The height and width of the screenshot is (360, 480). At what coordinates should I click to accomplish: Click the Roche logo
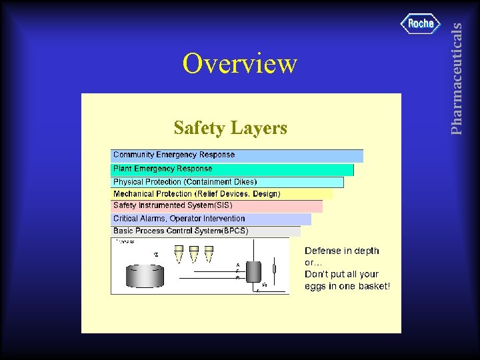[421, 23]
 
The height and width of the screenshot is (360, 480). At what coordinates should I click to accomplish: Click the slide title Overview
[240, 64]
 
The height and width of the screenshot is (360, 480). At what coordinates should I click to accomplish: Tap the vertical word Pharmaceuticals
[457, 78]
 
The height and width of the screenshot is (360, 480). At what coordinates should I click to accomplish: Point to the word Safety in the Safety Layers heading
[197, 127]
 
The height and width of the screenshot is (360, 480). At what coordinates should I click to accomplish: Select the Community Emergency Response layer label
[174, 155]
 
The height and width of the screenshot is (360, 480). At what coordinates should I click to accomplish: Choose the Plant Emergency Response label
[163, 169]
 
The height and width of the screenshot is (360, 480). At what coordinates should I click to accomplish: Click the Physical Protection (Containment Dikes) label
[185, 181]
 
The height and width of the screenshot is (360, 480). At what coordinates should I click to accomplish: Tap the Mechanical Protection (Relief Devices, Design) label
[197, 194]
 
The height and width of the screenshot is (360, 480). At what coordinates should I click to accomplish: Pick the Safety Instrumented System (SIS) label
[163, 205]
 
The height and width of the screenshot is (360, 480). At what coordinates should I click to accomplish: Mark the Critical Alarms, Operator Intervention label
[179, 218]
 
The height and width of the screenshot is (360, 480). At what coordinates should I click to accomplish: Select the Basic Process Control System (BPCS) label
[181, 231]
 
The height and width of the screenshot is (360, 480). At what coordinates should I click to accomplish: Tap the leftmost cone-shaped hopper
[179, 253]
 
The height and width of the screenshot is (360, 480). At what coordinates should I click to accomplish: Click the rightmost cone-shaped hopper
[209, 253]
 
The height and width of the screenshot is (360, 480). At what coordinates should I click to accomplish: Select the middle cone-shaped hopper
[194, 253]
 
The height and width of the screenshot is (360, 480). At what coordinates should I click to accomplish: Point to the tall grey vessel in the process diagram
[253, 272]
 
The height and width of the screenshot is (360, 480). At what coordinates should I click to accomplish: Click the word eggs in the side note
[316, 286]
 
